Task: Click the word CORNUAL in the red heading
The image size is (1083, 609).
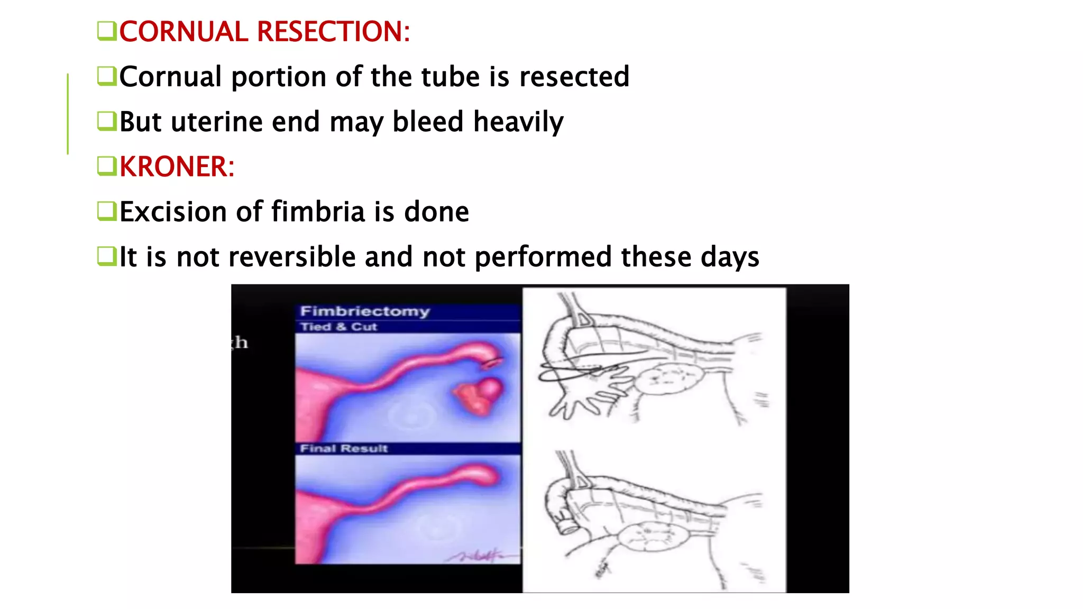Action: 183,32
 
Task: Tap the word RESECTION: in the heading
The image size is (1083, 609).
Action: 333,32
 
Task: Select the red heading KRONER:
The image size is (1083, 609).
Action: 177,167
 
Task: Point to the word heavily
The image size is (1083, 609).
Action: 518,123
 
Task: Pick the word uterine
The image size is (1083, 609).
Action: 217,122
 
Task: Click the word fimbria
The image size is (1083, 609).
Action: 318,212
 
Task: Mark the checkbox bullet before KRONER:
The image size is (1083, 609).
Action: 106,166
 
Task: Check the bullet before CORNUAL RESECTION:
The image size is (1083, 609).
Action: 106,31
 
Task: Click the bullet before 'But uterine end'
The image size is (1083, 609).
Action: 106,121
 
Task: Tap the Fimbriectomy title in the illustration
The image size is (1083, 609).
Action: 365,311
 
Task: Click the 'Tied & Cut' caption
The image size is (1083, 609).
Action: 338,327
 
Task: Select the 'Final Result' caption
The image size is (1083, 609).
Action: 344,449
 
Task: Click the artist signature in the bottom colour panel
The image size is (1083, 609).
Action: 476,556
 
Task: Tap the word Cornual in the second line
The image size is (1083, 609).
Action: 170,77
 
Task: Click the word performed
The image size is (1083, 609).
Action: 544,257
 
